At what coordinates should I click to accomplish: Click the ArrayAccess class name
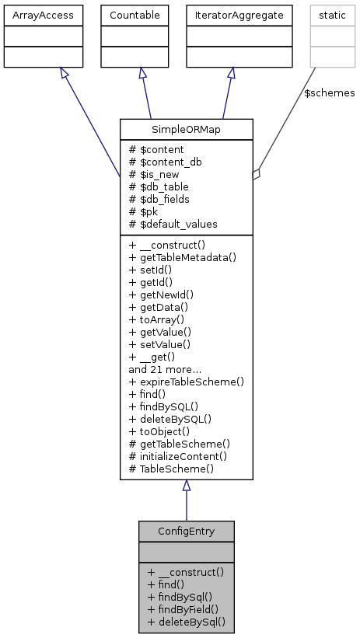33,13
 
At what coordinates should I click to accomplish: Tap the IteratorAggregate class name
229,13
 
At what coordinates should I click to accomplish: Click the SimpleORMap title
186,128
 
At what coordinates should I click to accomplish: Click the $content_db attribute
164,162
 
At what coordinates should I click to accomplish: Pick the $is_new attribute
156,174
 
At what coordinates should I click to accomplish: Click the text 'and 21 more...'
164,369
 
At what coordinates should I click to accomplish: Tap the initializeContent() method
177,456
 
